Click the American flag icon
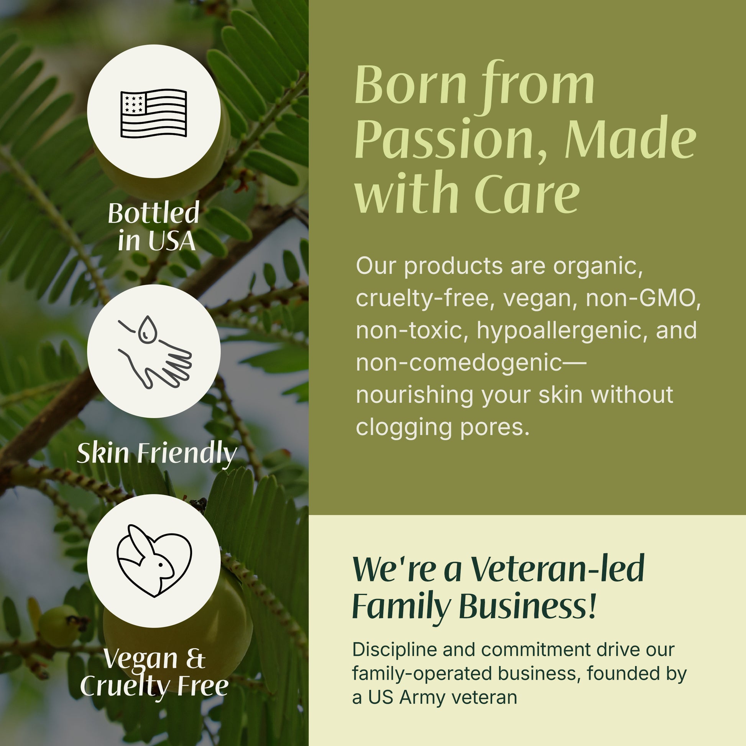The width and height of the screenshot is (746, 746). [154, 113]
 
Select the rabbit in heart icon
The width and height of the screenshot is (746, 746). [154, 561]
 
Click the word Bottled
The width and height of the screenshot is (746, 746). [154, 213]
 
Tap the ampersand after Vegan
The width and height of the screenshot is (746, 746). [196, 659]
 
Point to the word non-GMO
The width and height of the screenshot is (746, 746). [643, 298]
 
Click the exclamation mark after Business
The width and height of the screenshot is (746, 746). [593, 605]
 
